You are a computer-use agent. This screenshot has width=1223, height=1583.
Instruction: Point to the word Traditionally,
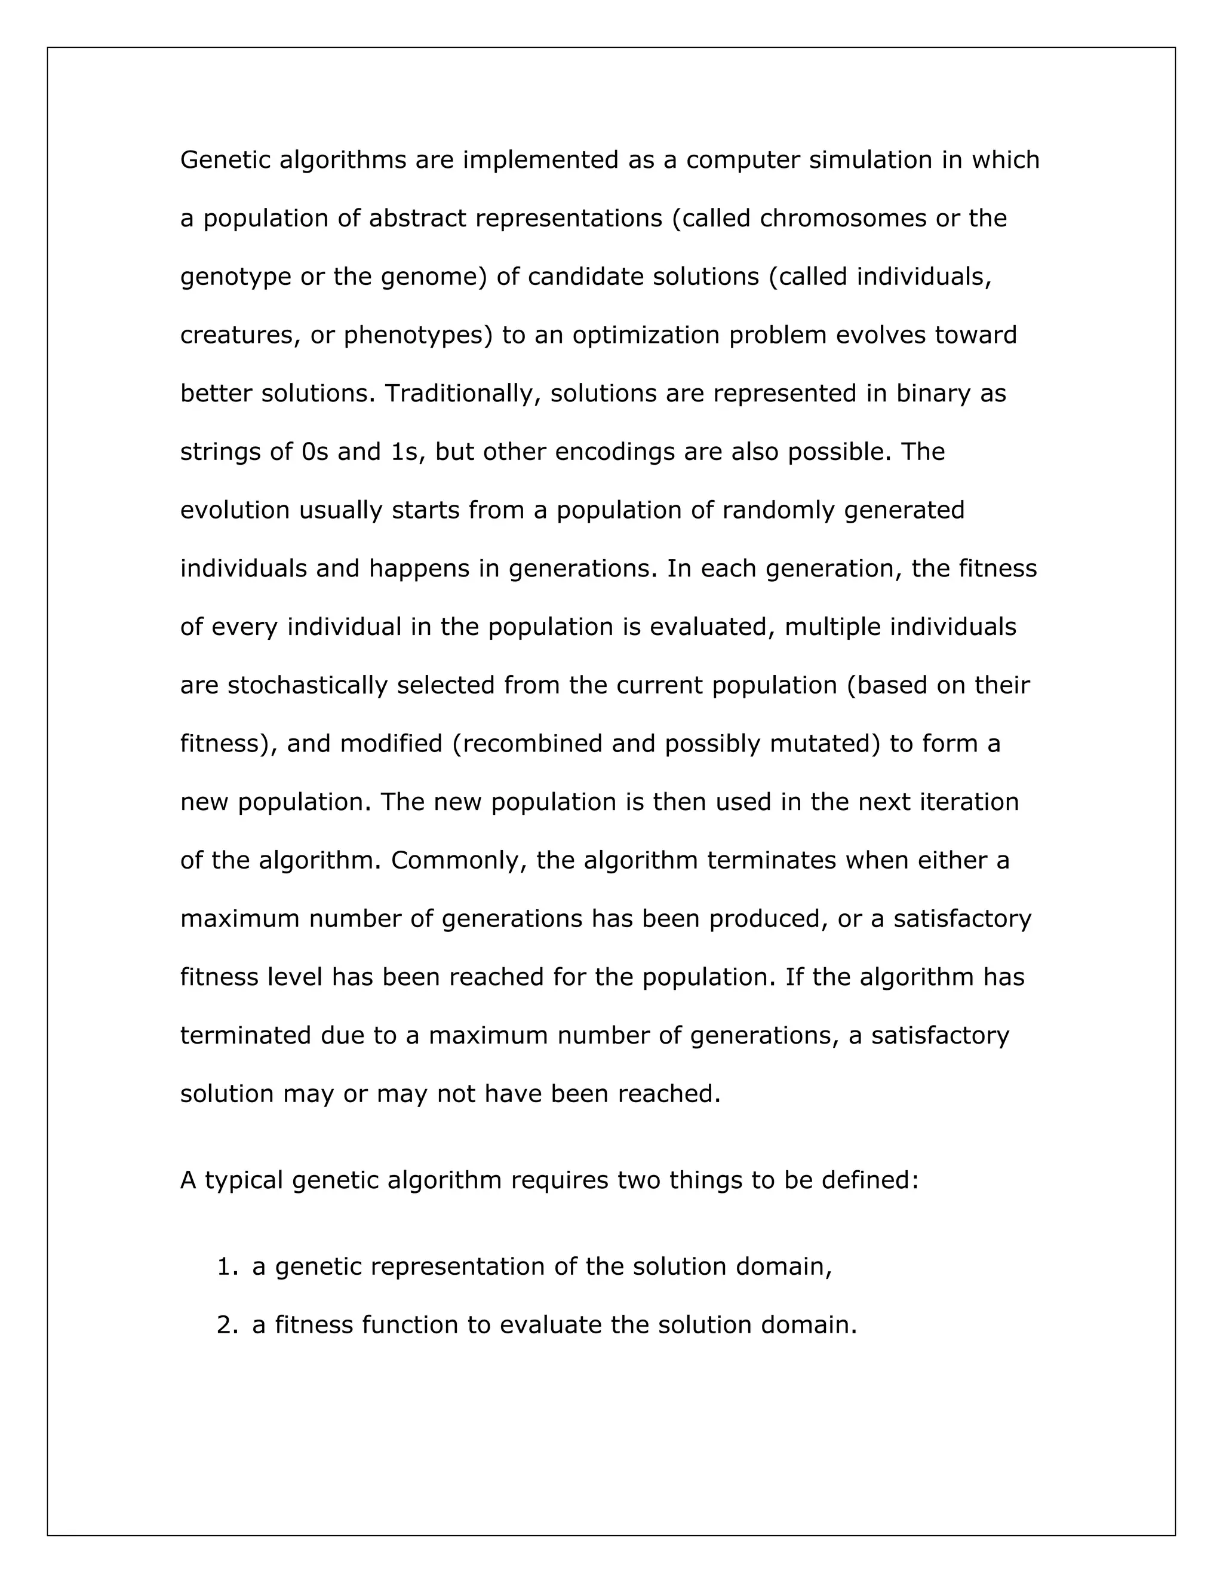point(463,394)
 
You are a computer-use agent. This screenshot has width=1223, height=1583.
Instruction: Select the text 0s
point(315,452)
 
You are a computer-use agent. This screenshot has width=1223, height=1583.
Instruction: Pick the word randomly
point(778,510)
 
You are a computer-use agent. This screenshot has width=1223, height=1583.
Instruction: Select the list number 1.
point(225,1268)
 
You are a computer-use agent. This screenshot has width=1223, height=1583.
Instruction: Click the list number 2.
point(225,1326)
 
